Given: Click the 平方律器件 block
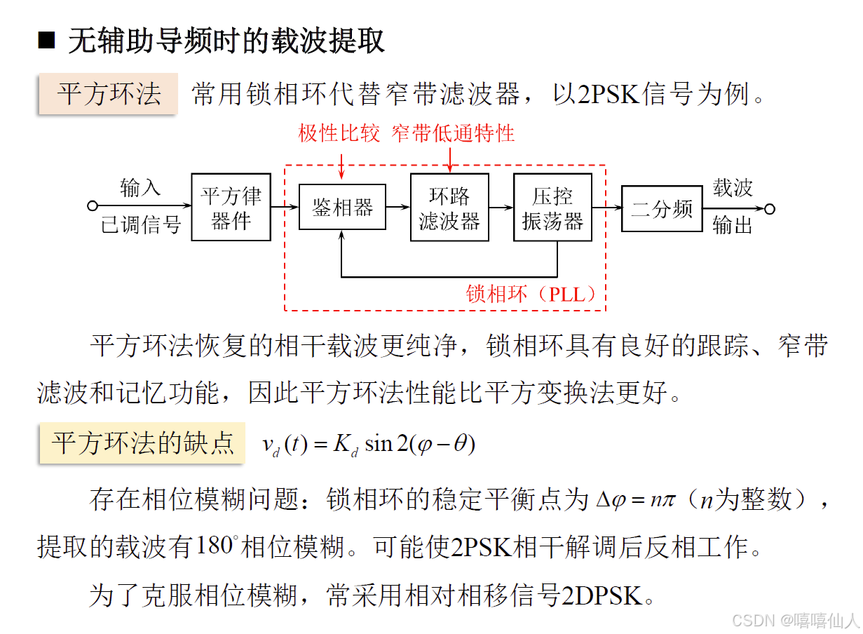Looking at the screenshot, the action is tap(231, 208).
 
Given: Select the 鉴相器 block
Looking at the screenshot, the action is tap(342, 208).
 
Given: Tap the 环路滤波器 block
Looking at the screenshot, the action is tap(449, 208).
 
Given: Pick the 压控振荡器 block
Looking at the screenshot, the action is tap(552, 208).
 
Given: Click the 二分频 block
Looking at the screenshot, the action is tap(662, 208).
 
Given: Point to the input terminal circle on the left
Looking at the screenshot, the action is tap(92, 206).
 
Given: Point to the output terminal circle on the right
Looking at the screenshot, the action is tap(769, 208).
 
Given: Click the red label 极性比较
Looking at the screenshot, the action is tap(339, 133).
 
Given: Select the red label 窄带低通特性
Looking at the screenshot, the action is tap(453, 133).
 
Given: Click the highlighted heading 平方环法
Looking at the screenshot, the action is tap(109, 94).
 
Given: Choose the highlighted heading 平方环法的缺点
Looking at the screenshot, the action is tap(142, 443).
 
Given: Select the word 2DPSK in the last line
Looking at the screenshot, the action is tap(602, 595).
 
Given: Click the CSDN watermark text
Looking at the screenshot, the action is tap(795, 620).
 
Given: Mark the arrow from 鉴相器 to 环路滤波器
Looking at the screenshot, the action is tap(397, 207).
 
